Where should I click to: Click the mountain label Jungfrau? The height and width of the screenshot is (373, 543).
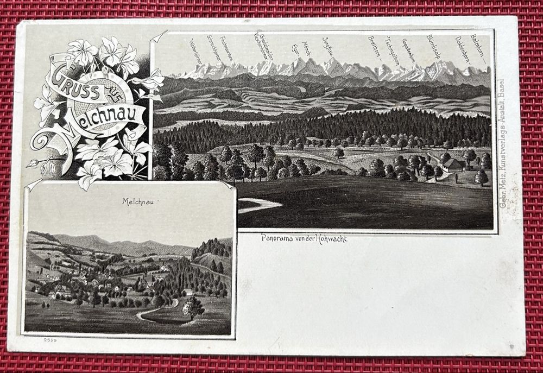327,46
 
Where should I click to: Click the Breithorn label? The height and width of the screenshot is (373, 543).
375,47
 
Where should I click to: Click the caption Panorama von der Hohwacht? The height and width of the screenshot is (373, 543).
304,238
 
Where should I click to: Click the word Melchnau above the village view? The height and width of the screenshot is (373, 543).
138,201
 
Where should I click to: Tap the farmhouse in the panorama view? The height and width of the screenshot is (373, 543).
452,165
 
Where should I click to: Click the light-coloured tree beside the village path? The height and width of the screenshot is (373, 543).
193,307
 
